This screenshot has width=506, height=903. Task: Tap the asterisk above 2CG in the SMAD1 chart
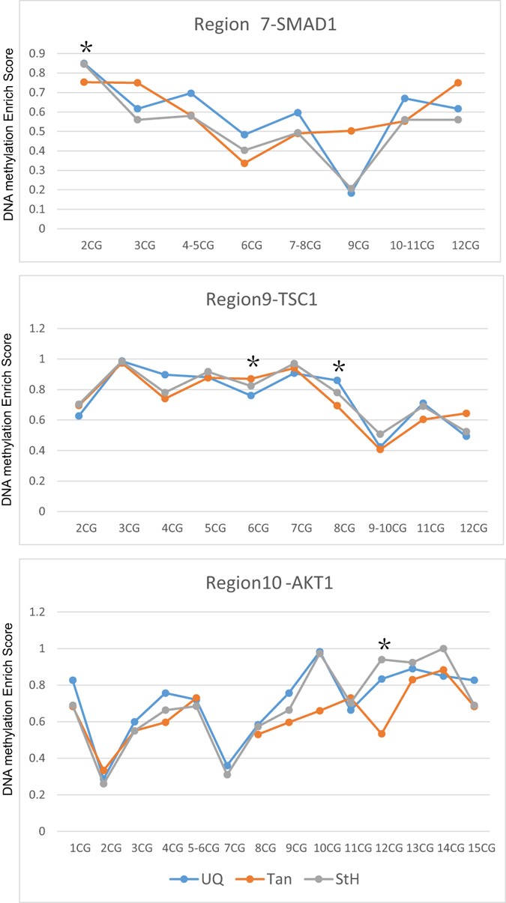pyautogui.click(x=85, y=47)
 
